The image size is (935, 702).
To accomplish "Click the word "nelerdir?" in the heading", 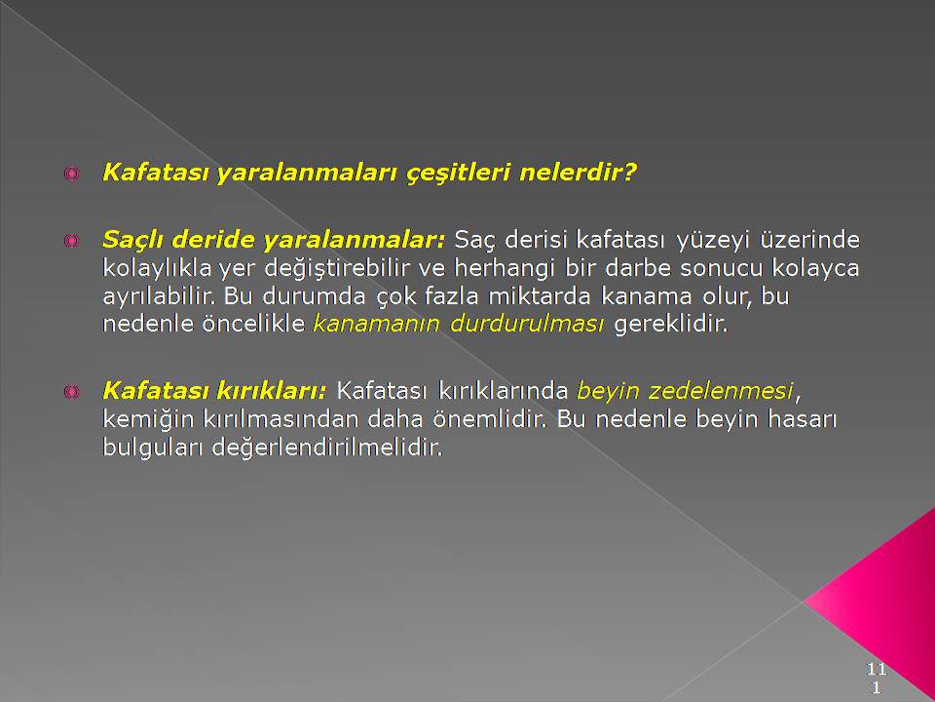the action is [x=578, y=174].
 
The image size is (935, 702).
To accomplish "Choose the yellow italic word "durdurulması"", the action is [x=527, y=324].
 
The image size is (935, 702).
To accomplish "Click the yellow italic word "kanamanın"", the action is [x=377, y=324].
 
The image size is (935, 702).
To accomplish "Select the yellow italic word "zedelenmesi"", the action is [x=721, y=391].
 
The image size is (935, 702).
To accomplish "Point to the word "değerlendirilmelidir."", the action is [x=327, y=448].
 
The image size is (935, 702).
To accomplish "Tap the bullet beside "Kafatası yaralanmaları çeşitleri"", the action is [x=71, y=175].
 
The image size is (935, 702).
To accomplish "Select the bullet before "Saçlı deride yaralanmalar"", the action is [x=71, y=241].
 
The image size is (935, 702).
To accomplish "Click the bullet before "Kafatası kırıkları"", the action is [x=71, y=392].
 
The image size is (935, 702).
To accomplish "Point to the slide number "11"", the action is [x=876, y=669].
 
